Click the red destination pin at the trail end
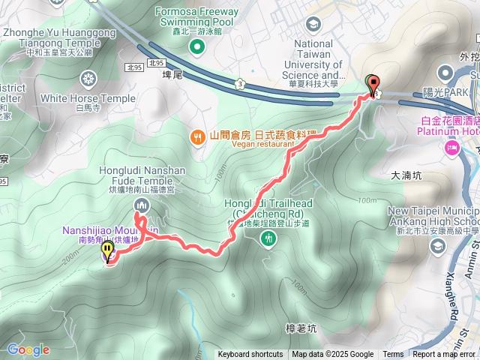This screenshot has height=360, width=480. pyautogui.click(x=371, y=85)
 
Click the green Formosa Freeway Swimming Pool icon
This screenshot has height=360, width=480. pyautogui.click(x=196, y=48)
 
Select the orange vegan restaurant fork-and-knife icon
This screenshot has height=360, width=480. pyautogui.click(x=197, y=136)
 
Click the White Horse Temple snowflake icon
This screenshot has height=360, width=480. pyautogui.click(x=89, y=78)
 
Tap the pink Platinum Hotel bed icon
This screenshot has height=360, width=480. pyautogui.click(x=452, y=147)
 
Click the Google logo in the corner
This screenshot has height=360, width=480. pyautogui.click(x=28, y=349)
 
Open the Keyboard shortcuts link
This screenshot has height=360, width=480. pyautogui.click(x=250, y=355)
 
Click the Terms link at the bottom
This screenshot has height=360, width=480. pyautogui.click(x=393, y=355)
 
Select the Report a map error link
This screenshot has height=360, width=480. pyautogui.click(x=445, y=355)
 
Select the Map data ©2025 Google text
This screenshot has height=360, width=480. pyautogui.click(x=333, y=355)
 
